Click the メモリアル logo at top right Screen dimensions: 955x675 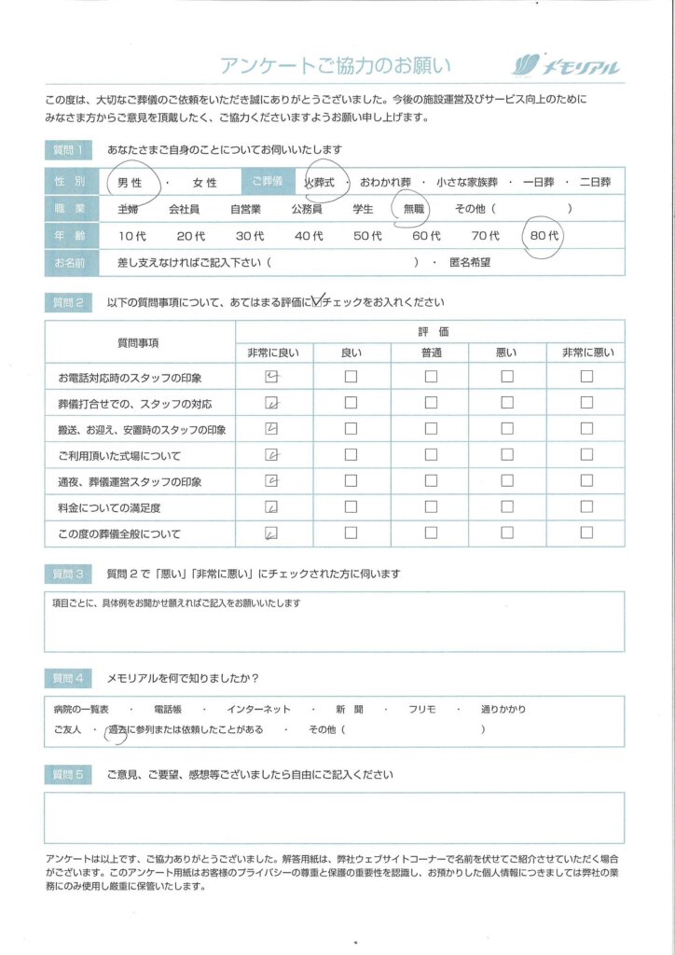click(566, 65)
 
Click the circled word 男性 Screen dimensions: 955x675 click(129, 183)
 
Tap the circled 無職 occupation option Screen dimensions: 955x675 click(412, 209)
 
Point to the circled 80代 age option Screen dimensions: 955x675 click(544, 236)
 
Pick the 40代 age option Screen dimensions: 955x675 click(309, 236)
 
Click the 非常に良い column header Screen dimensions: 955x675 click(273, 352)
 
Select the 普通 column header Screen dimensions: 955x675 click(431, 352)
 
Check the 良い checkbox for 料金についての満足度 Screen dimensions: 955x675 click(351, 508)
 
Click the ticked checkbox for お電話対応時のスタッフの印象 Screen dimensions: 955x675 click(272, 377)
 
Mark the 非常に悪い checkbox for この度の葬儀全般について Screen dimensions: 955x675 click(586, 533)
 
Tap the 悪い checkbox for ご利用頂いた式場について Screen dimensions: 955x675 click(508, 455)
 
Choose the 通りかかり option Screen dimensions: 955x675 click(503, 709)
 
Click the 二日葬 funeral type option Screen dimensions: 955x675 click(595, 183)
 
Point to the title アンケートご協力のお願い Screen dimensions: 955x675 click(335, 66)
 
